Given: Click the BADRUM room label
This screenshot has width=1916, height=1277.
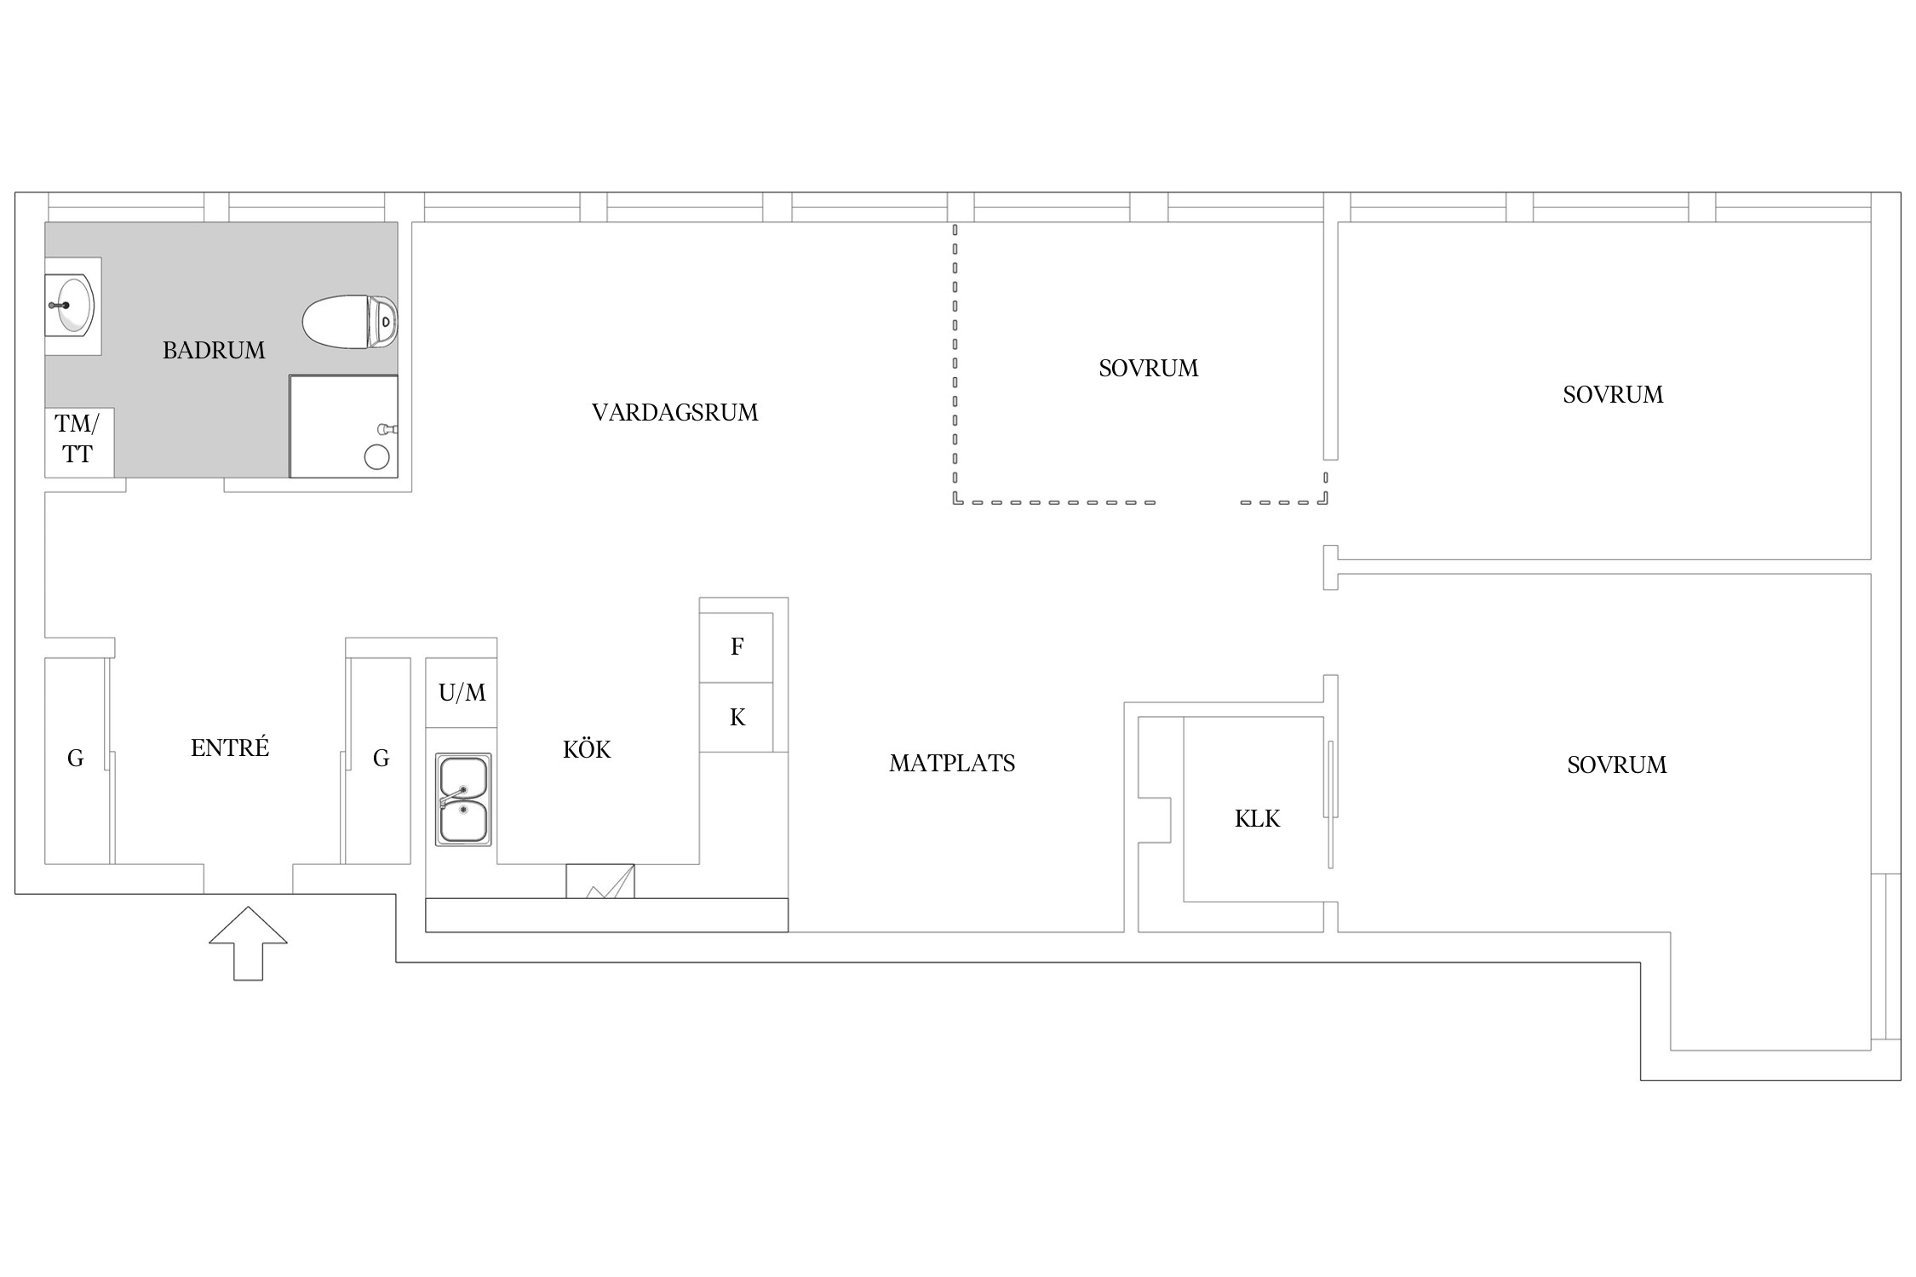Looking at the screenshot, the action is coord(214,350).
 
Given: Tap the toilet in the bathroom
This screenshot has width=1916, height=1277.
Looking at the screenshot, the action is coord(350,322).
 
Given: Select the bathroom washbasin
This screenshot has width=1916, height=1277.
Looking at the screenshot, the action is coord(72,306).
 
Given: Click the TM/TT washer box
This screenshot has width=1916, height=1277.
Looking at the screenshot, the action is coord(79,443).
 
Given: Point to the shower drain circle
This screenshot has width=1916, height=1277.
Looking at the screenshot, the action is coord(376,457).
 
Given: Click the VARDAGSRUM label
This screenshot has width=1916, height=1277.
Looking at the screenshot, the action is coord(674,413).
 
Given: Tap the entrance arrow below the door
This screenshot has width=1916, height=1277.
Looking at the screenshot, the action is coord(248,942).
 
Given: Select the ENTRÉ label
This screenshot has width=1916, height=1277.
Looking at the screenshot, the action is coord(230,747).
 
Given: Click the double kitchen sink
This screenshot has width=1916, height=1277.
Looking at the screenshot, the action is coord(463,799).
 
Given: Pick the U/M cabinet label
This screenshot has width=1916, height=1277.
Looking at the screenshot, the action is coord(462,693).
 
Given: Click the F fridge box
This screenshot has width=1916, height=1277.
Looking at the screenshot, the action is coord(737,647).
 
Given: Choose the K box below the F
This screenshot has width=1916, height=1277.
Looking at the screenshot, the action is coord(737,718).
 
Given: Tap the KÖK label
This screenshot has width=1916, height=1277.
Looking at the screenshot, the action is coord(587,749).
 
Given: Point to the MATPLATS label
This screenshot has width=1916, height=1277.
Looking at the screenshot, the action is coord(952,764).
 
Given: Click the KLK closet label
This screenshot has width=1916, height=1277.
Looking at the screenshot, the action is coord(1257,819).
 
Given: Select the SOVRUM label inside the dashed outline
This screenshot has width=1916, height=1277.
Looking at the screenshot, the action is coord(1148,369).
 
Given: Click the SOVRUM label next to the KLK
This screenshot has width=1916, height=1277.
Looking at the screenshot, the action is coord(1616,765).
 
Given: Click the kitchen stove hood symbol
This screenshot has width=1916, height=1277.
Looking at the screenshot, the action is coord(600,881).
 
